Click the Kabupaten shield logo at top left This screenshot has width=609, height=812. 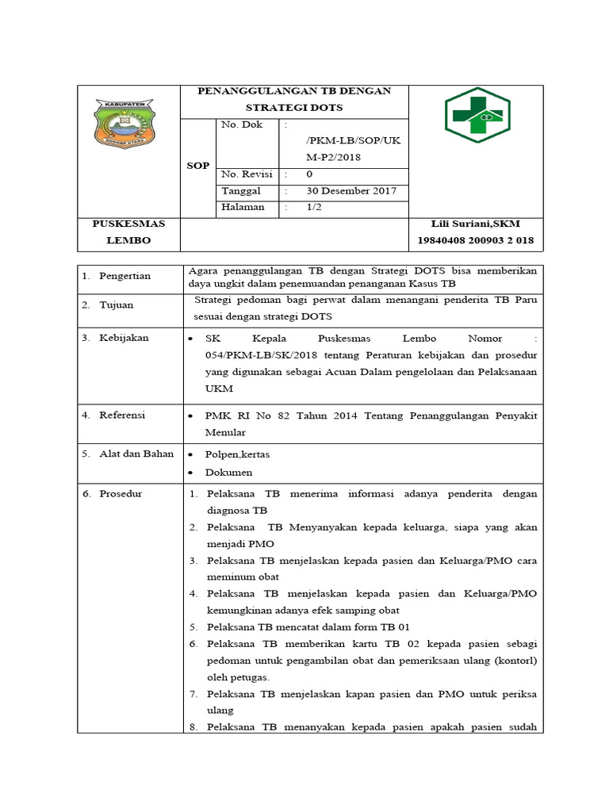(127, 123)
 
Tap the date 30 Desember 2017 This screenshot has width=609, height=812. (351, 191)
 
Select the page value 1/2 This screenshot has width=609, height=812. (315, 208)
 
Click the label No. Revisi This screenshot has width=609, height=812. (247, 174)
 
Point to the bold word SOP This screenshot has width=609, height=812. (198, 166)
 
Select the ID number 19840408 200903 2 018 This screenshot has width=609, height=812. (475, 240)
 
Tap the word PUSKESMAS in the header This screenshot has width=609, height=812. (128, 224)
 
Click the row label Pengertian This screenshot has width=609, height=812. (124, 276)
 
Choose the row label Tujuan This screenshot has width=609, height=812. (116, 304)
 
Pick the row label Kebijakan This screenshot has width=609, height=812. (124, 338)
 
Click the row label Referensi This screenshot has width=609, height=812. (122, 415)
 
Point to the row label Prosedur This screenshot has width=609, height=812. (121, 493)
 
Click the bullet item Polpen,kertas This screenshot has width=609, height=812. (236, 455)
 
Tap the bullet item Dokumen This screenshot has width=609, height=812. (228, 473)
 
